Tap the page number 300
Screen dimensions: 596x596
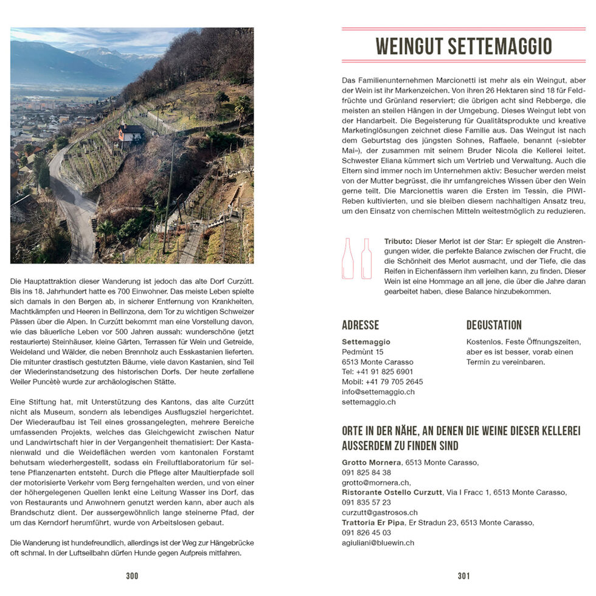click(x=132, y=575)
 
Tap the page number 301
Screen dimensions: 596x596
click(x=463, y=575)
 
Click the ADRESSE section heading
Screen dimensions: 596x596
click(x=360, y=325)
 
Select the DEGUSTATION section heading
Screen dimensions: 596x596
click(x=494, y=325)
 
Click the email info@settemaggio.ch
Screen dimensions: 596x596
click(x=378, y=392)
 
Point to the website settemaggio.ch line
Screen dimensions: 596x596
click(x=369, y=402)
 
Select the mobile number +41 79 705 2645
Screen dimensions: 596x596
click(x=382, y=382)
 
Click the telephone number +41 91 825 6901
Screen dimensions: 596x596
click(x=377, y=372)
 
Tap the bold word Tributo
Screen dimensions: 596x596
click(x=398, y=241)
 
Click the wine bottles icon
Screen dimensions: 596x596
click(x=357, y=258)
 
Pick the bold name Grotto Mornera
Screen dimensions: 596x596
click(x=370, y=462)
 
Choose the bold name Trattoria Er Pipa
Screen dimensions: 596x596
click(x=373, y=522)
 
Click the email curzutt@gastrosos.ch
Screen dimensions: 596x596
click(x=379, y=512)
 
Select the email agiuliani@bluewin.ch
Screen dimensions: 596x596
click(x=378, y=542)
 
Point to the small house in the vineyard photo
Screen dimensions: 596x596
click(x=131, y=133)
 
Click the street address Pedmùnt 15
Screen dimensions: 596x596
click(x=362, y=352)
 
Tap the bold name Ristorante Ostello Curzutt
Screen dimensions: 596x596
click(x=392, y=492)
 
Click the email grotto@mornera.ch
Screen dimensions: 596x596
click(x=375, y=482)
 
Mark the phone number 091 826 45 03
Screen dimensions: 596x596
click(x=366, y=532)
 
